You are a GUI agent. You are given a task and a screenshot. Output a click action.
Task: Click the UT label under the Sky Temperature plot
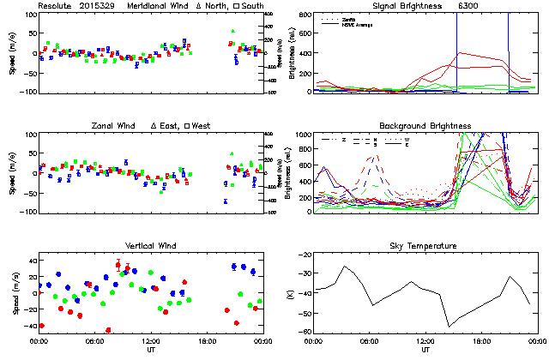point(425,350)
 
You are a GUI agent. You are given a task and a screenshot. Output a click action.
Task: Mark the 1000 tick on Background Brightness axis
point(303,135)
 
